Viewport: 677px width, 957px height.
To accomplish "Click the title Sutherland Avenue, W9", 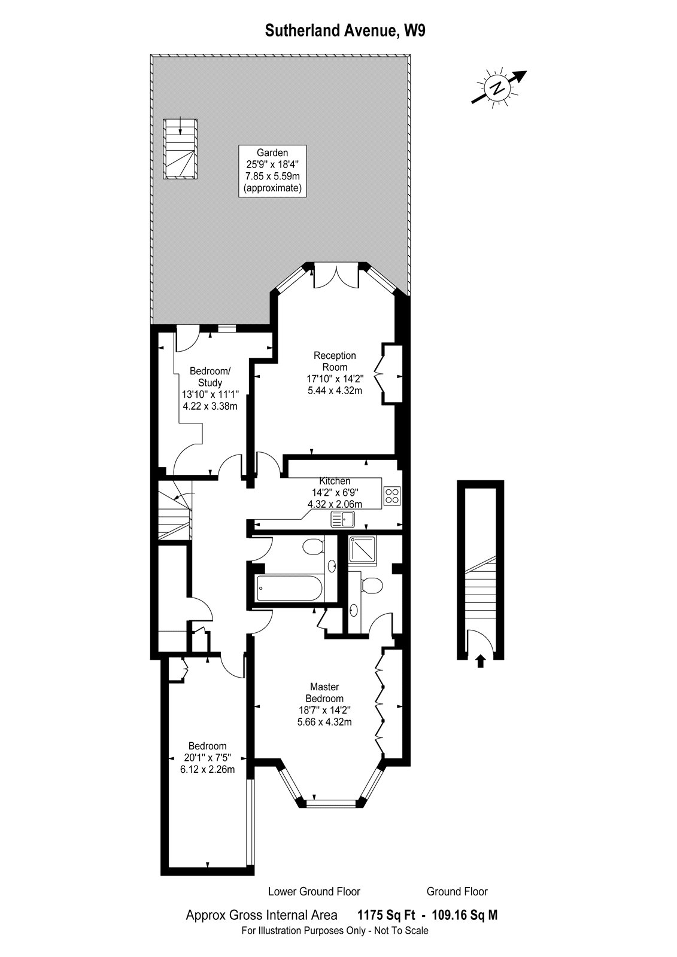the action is tap(345, 31).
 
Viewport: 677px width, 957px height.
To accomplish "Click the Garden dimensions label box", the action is tap(272, 171).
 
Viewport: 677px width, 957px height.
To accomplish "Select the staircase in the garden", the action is tap(181, 150).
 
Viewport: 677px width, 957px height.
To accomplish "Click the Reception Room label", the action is tap(335, 361).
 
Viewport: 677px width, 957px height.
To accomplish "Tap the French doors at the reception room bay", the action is tap(336, 276).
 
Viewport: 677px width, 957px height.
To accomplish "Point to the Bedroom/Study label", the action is tap(210, 376).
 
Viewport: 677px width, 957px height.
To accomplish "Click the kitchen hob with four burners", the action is tap(392, 496).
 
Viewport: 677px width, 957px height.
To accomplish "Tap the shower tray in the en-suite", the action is tap(362, 550).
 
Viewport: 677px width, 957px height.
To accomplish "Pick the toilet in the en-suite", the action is tap(371, 586).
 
